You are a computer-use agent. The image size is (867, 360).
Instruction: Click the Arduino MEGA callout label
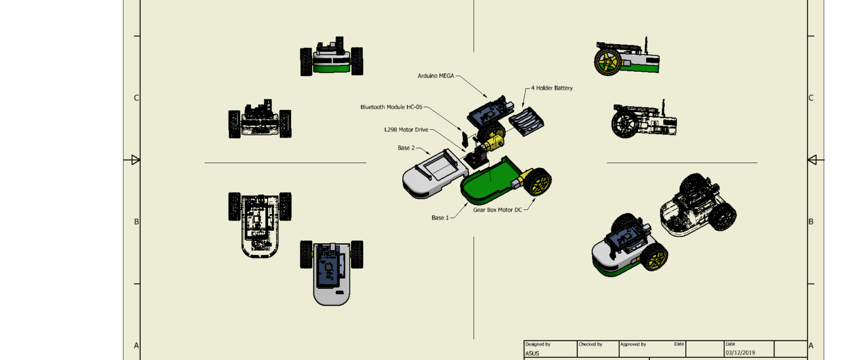pyautogui.click(x=435, y=76)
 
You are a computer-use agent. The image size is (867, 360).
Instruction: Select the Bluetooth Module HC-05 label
pyautogui.click(x=391, y=107)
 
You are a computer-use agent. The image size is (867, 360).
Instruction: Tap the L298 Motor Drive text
pyautogui.click(x=406, y=129)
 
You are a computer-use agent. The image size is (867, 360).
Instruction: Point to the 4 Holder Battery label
pyautogui.click(x=551, y=88)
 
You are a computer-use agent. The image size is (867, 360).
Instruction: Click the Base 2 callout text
pyautogui.click(x=406, y=148)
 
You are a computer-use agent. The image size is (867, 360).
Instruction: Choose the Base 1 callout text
pyautogui.click(x=440, y=217)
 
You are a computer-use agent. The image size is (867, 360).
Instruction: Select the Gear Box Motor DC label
pyautogui.click(x=497, y=209)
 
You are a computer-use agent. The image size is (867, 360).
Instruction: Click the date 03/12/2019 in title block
pyautogui.click(x=739, y=353)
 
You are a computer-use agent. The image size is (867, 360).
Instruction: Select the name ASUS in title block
pyautogui.click(x=532, y=354)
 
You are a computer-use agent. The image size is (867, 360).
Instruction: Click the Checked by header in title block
pyautogui.click(x=590, y=344)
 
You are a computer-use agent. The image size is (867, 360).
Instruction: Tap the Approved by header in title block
pyautogui.click(x=633, y=344)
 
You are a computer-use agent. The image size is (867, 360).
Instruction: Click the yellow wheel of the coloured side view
pyautogui.click(x=607, y=62)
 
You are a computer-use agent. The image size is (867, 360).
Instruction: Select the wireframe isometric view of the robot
pyautogui.click(x=698, y=205)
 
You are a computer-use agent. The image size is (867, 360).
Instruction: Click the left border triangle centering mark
pyautogui.click(x=135, y=160)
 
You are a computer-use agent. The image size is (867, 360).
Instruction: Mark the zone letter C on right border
pyautogui.click(x=811, y=98)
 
